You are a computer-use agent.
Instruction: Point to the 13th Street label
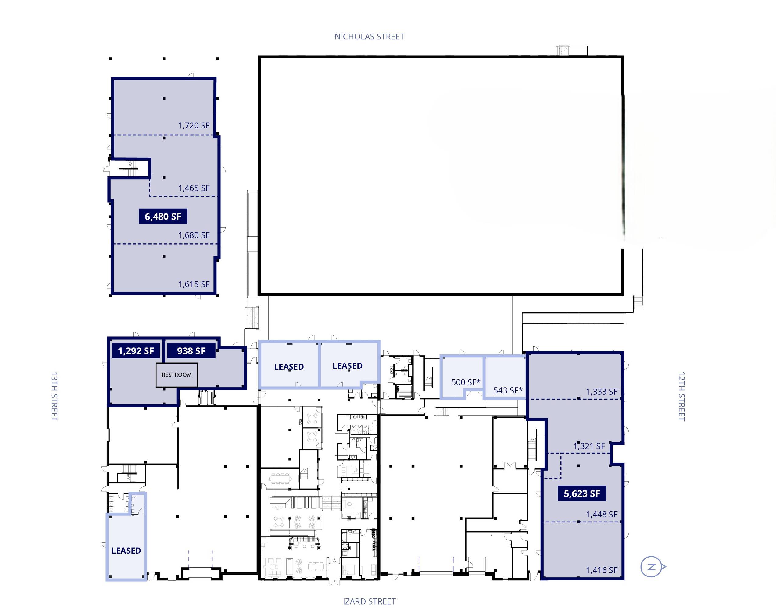coord(54,396)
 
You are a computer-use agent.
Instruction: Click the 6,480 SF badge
coord(163,217)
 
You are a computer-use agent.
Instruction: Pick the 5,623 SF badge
coord(582,493)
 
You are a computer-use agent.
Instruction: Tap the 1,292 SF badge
coord(136,351)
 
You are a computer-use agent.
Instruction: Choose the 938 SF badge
coord(191,351)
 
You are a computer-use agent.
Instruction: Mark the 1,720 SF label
coord(194,125)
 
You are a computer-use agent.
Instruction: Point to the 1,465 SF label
coord(194,188)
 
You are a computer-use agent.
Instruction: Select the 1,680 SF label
coord(194,235)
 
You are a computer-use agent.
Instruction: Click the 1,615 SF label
coord(194,284)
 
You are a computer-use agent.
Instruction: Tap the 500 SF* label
coord(466,382)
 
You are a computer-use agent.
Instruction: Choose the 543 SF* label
coord(508,390)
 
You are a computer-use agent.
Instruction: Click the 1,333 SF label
coord(602,391)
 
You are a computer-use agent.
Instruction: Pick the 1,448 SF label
coord(602,514)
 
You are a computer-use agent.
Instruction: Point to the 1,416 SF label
coord(602,570)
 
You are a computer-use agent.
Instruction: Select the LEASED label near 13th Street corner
coord(126,550)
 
